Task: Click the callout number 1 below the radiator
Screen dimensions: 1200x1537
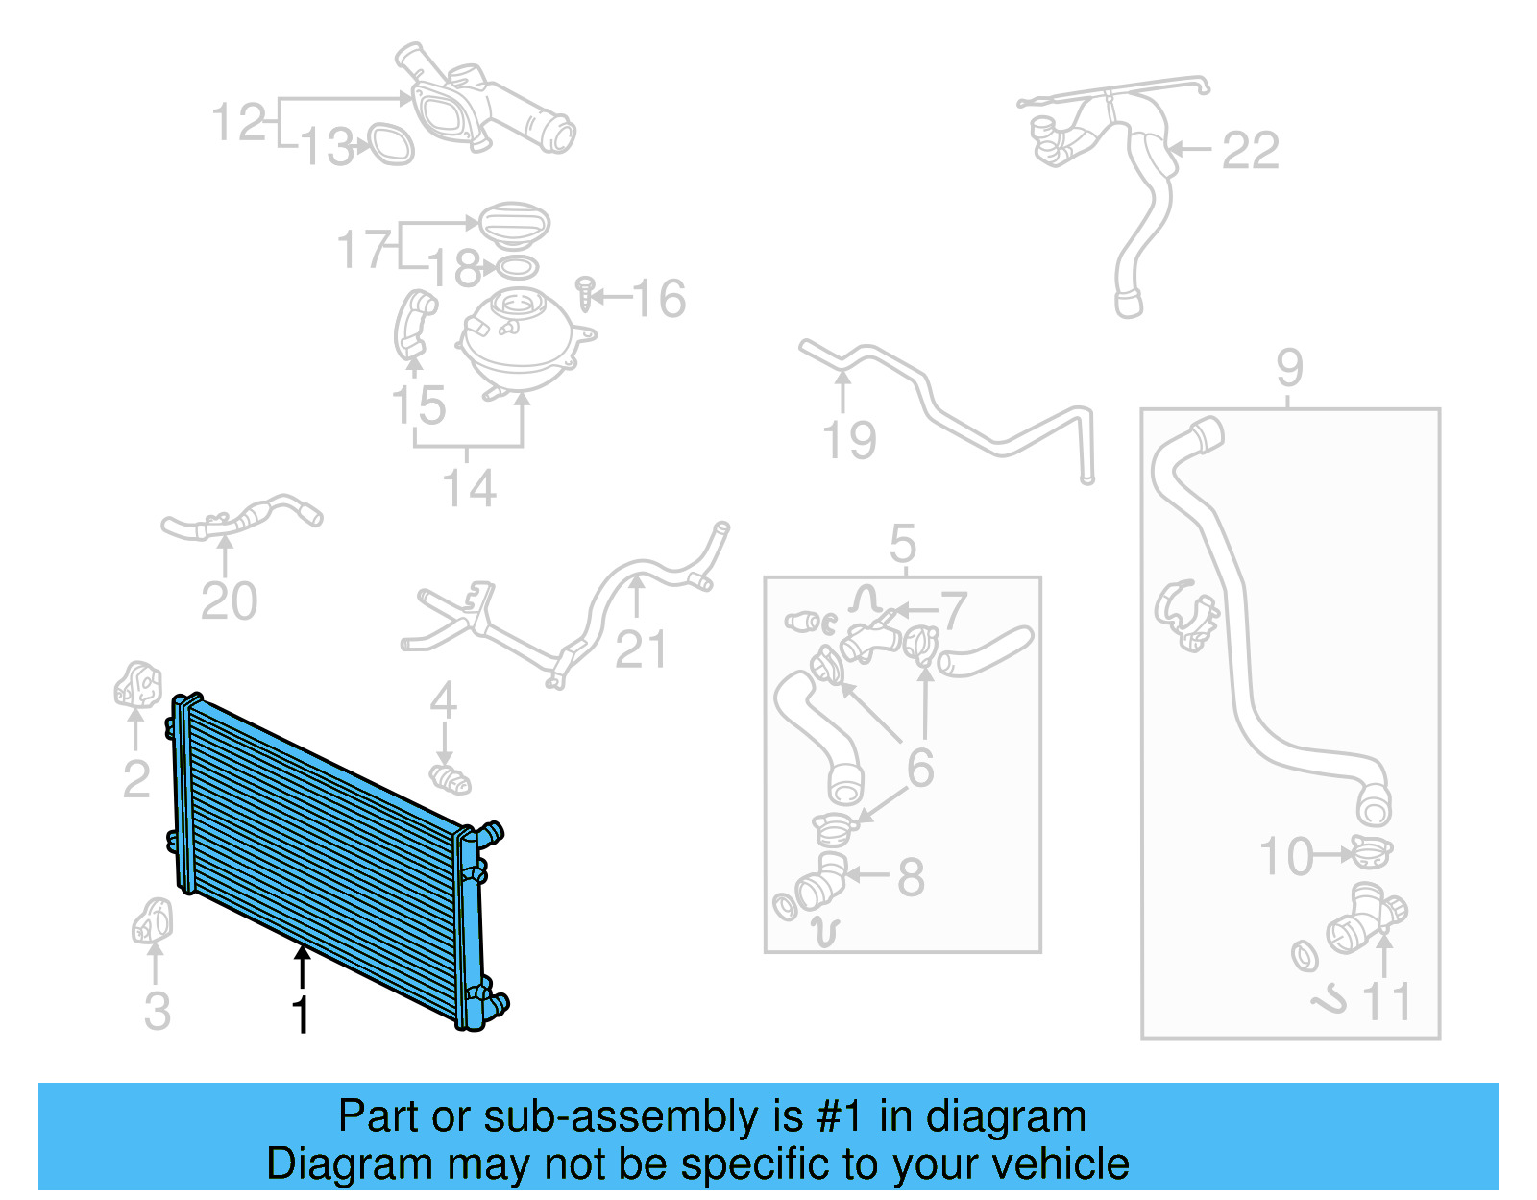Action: (x=301, y=1016)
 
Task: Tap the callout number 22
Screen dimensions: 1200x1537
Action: (x=1250, y=151)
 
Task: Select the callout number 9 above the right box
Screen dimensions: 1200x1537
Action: (x=1289, y=368)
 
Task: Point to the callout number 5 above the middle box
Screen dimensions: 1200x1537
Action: (x=903, y=545)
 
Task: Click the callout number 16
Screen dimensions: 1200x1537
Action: (x=660, y=299)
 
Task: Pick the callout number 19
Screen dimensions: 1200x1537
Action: (x=850, y=441)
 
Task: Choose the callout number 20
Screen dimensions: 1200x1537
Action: (x=229, y=602)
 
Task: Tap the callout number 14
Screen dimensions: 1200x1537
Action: (x=469, y=488)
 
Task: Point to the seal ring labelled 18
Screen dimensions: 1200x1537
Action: (x=517, y=267)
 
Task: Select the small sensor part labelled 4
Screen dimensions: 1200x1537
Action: (x=450, y=778)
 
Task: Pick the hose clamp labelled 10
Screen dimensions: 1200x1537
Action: (x=1370, y=850)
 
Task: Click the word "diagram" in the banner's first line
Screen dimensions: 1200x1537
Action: (x=1005, y=1117)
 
